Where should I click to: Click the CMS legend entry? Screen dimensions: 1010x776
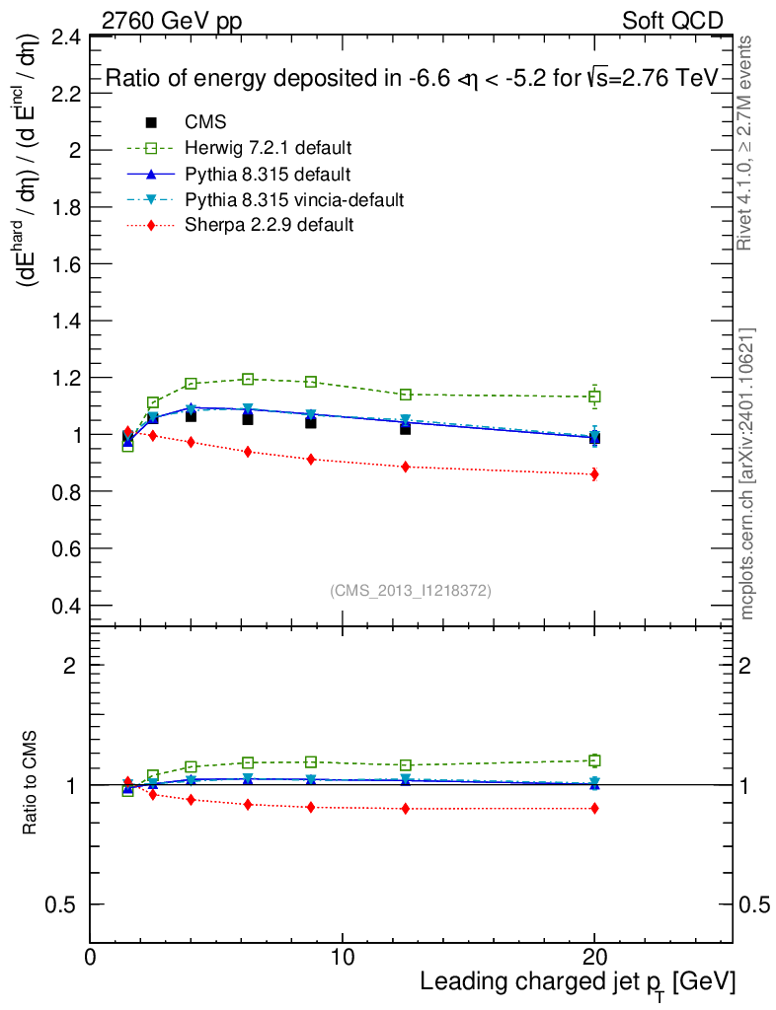205,122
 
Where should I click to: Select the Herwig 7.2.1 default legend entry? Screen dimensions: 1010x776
268,149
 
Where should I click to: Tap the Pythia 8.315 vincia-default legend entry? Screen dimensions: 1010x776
294,200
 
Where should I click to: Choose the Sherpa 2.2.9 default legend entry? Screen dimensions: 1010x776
269,225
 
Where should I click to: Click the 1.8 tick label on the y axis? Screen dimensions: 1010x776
66,208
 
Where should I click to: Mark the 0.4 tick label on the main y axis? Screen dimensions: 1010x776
66,606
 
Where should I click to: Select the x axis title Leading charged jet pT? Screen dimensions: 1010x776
578,983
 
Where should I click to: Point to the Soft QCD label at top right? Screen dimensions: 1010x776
672,21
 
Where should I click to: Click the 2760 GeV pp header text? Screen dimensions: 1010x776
172,21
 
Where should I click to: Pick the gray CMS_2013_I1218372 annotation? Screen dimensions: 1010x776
411,590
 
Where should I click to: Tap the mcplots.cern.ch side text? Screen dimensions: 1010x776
747,473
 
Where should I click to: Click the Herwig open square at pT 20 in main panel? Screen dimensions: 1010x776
594,397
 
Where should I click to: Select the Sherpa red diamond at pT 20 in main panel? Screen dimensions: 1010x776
594,474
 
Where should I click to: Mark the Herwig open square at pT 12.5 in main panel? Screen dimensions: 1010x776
406,395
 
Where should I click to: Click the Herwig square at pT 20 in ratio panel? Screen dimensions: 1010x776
594,760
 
